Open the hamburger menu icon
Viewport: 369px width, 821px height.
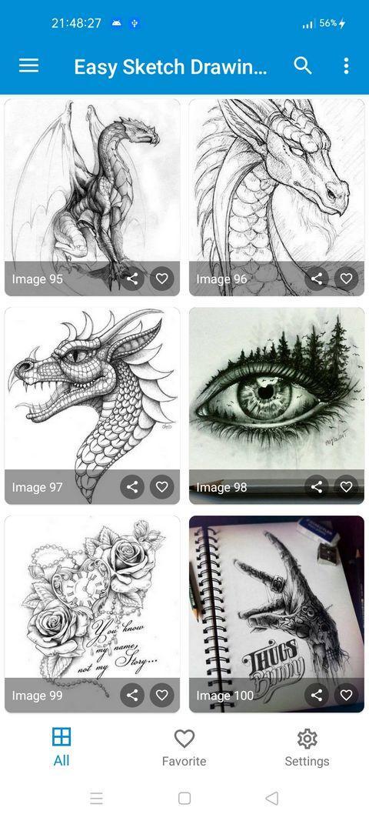click(28, 66)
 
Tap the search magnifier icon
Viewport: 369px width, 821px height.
click(303, 66)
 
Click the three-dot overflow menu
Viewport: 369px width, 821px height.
click(346, 66)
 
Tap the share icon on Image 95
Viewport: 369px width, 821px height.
click(132, 279)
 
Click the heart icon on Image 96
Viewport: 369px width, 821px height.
click(346, 279)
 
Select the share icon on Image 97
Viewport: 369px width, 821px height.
click(132, 486)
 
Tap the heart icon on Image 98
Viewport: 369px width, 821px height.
click(346, 486)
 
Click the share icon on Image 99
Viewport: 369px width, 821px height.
click(132, 695)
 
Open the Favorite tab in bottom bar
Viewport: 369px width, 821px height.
click(184, 747)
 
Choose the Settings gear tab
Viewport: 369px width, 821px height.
click(307, 747)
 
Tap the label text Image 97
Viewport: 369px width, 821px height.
click(37, 487)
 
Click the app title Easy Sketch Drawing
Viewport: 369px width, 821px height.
click(171, 67)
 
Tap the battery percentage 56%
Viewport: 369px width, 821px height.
click(328, 24)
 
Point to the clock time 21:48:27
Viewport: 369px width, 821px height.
click(76, 23)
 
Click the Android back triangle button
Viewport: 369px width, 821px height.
click(271, 798)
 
